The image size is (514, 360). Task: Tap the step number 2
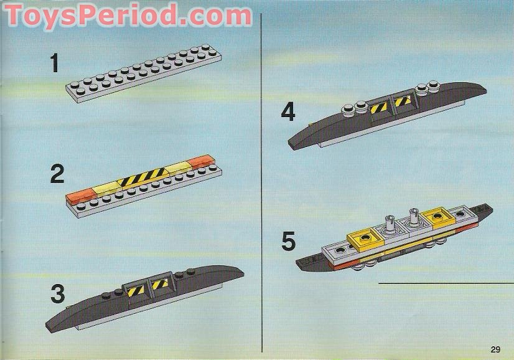(57, 174)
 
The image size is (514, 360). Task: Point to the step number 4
(287, 112)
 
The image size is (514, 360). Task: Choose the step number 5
(287, 242)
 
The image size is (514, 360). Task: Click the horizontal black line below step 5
(446, 282)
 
